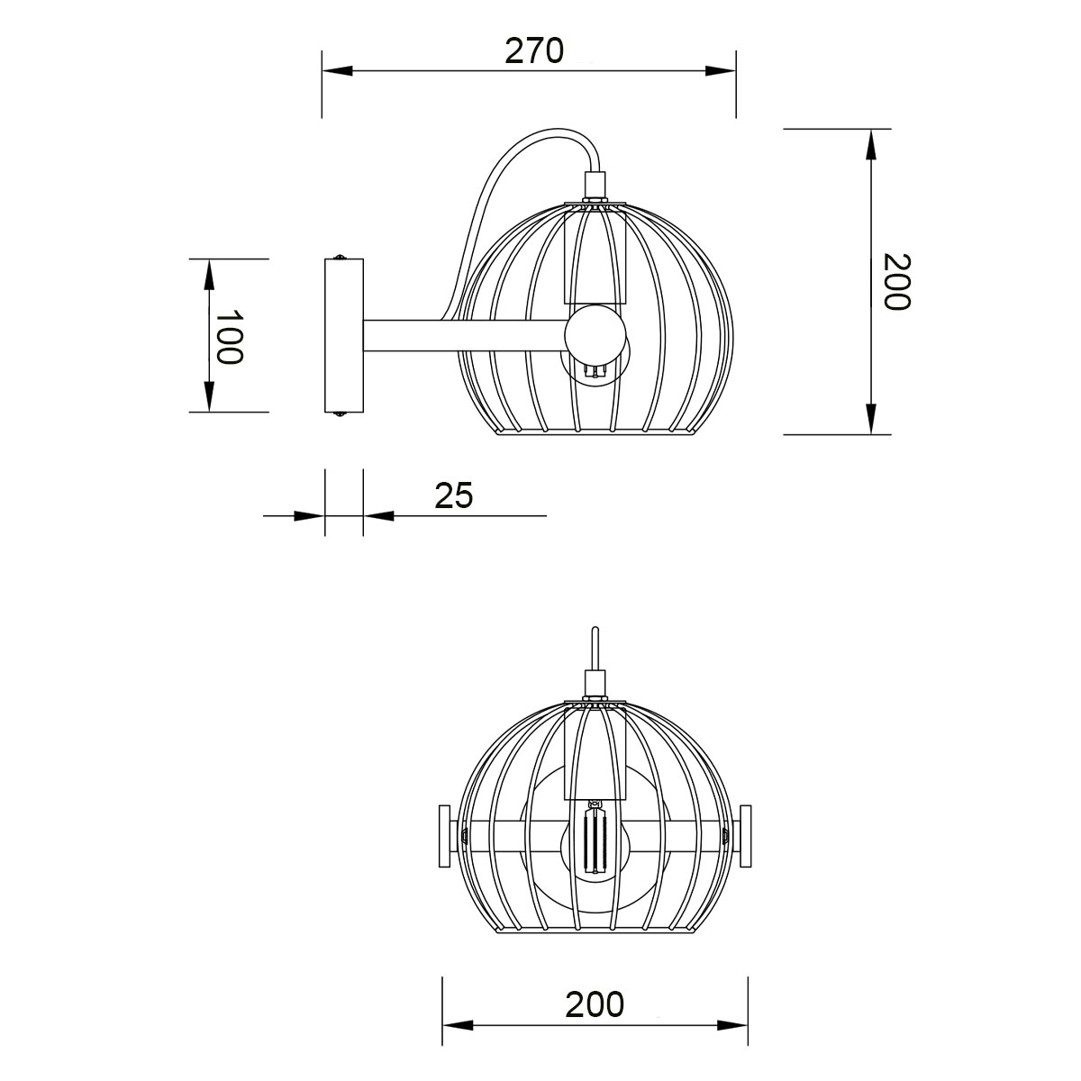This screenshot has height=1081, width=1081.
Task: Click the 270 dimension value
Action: (533, 50)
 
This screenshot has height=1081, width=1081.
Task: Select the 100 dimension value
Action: (230, 337)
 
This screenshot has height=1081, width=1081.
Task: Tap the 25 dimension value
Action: (454, 495)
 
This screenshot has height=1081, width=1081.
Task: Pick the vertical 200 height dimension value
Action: (895, 281)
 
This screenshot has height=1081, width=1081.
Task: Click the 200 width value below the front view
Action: (595, 1004)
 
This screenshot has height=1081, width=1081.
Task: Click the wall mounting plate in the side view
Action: (343, 335)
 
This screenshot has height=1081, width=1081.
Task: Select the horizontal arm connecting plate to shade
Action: (464, 336)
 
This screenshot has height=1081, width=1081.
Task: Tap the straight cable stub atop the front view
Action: (594, 647)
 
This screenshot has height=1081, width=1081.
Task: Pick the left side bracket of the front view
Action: (444, 837)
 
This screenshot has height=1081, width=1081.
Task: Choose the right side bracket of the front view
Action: (745, 837)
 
